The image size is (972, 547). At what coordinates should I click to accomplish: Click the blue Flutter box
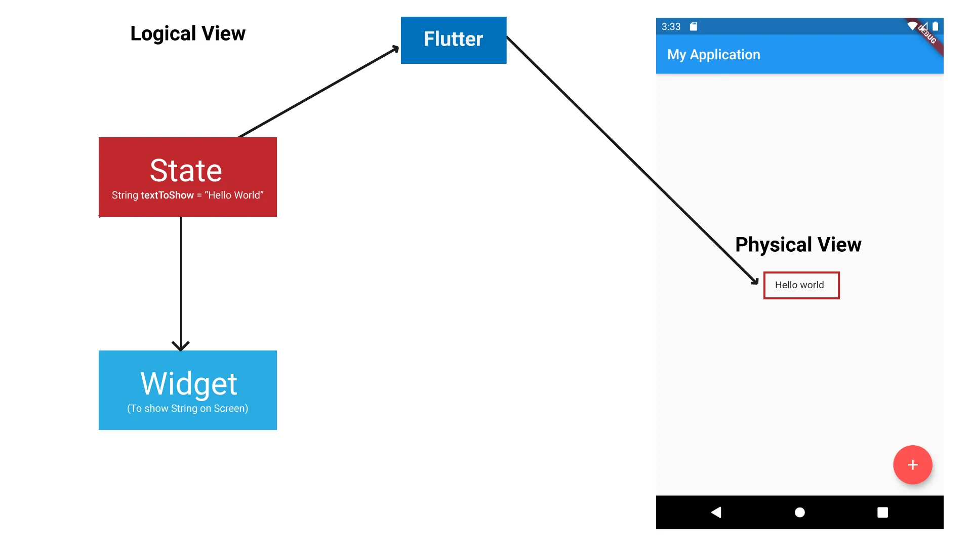click(454, 40)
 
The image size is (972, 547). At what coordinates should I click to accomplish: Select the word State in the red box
click(186, 170)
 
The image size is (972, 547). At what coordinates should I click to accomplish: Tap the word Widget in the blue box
click(188, 384)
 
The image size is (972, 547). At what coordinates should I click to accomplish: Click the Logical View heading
click(188, 33)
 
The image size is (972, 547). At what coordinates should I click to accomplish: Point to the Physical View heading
click(798, 245)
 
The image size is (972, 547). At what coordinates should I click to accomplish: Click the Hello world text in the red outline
click(799, 285)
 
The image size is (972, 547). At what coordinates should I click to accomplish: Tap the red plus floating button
click(913, 465)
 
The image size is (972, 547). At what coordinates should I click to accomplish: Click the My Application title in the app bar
click(714, 55)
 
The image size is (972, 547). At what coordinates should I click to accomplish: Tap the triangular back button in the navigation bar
click(716, 513)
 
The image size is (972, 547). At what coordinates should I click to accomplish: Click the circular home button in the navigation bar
click(800, 513)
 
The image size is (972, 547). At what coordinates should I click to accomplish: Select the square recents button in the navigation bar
click(883, 513)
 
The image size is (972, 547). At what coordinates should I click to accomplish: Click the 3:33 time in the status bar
click(671, 26)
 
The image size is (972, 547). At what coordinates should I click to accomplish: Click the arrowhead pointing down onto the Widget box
click(181, 346)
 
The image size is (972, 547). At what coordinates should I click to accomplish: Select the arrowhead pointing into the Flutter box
click(394, 49)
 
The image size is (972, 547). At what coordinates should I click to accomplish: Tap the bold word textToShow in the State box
click(167, 196)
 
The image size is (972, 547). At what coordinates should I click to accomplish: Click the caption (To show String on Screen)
click(188, 409)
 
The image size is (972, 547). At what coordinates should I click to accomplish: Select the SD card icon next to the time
click(694, 26)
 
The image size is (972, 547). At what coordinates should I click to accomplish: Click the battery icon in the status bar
click(936, 26)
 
